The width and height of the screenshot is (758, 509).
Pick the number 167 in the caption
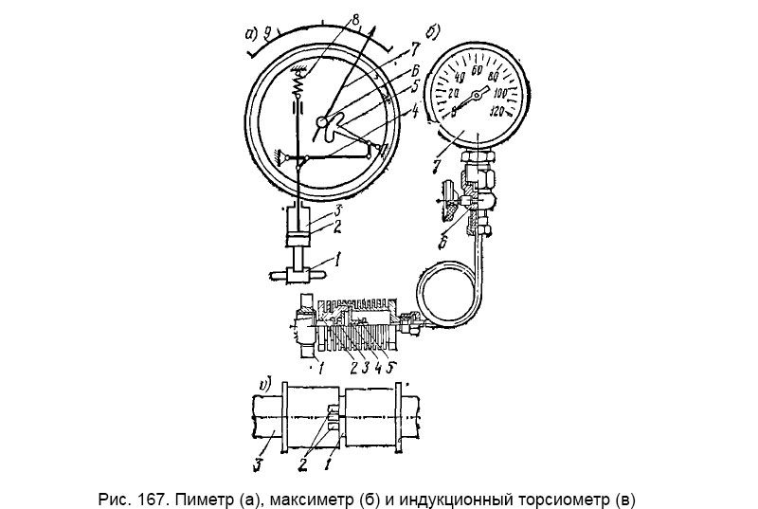click(x=141, y=496)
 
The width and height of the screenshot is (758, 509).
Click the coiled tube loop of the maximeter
click(x=446, y=289)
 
